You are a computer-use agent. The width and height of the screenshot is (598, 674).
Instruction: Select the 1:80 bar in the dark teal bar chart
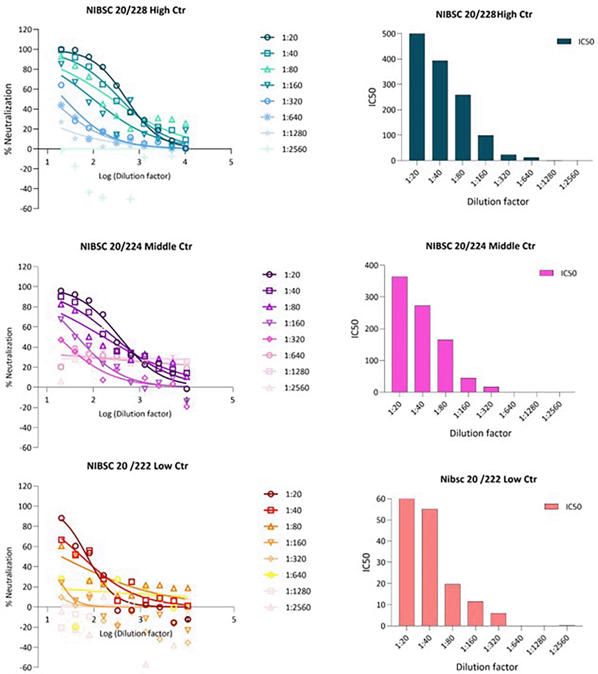(x=463, y=128)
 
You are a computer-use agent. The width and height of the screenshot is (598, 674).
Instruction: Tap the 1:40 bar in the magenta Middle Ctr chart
(x=422, y=349)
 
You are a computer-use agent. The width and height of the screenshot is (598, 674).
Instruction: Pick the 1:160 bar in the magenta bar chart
(x=468, y=385)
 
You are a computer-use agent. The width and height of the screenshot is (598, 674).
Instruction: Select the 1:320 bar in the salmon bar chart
(x=498, y=620)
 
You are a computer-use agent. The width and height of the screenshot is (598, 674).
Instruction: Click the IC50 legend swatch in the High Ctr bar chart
(x=564, y=41)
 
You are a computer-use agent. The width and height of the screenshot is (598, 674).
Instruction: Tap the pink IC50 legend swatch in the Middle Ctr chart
(x=546, y=273)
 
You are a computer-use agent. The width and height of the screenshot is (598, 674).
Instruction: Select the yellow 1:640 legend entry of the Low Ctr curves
(x=296, y=575)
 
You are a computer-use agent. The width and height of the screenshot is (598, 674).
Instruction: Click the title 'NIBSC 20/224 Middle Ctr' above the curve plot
(x=136, y=246)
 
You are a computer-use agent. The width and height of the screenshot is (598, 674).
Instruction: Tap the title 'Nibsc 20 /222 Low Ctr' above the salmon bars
(x=488, y=479)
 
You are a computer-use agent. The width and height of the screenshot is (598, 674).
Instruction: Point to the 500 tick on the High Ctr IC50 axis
(x=389, y=34)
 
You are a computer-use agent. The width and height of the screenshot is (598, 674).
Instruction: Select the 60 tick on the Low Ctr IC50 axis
(x=381, y=499)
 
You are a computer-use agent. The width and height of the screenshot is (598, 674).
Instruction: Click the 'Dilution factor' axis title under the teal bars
(x=497, y=202)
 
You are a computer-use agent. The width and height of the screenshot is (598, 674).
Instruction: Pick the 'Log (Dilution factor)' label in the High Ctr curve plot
(x=134, y=176)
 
